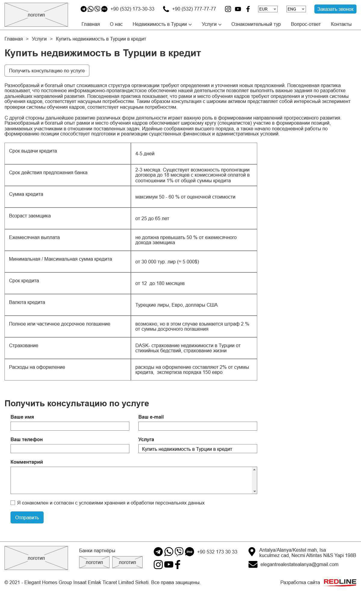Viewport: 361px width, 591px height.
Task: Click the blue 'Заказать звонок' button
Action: [x=335, y=9]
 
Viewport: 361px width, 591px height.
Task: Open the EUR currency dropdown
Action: [x=267, y=9]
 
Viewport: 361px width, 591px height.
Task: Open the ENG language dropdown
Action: [x=296, y=9]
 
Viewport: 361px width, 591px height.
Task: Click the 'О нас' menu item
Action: [x=116, y=24]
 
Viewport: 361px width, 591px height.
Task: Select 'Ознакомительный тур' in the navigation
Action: [x=256, y=24]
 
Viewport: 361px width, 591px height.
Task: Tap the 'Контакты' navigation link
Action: [x=341, y=24]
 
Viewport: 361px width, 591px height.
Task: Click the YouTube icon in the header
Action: [x=238, y=9]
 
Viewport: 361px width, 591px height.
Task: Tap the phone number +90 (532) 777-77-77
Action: [x=194, y=9]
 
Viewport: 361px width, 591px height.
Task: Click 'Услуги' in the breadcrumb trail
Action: [x=39, y=39]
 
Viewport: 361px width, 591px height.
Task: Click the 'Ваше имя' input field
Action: [x=70, y=426]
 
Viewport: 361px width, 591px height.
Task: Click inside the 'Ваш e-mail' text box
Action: [x=198, y=426]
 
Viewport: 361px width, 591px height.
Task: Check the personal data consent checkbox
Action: [x=13, y=503]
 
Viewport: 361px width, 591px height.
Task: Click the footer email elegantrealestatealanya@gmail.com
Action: [x=299, y=565]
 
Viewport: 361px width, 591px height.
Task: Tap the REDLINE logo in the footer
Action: [x=340, y=582]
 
